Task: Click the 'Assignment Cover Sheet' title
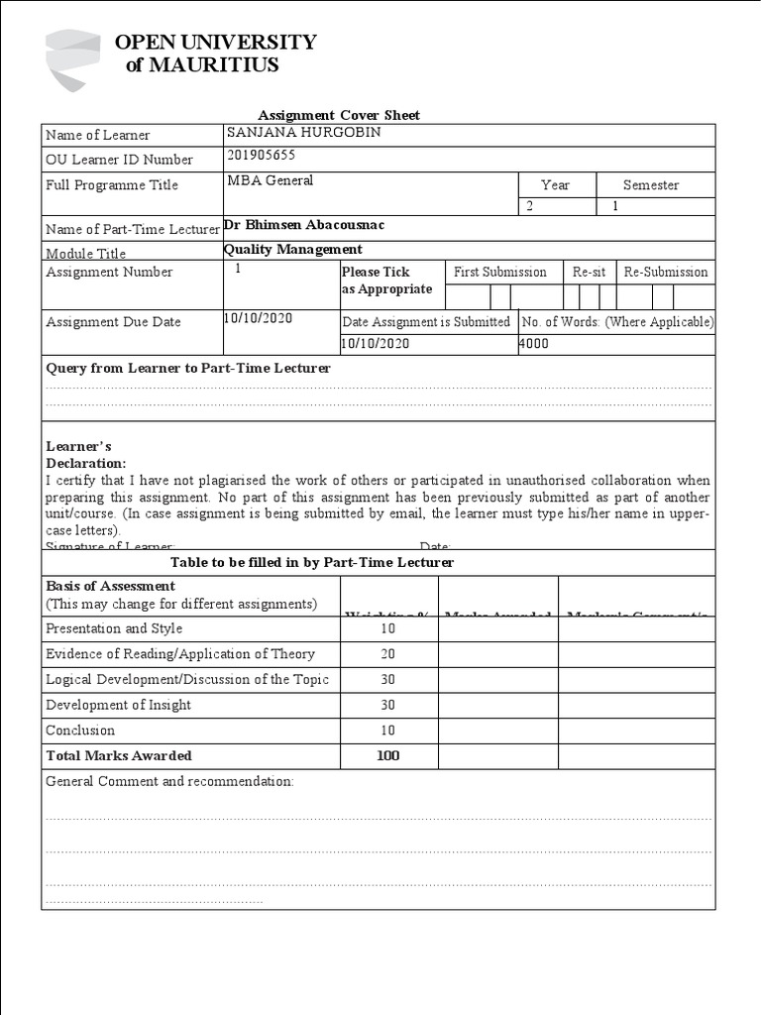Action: tap(339, 115)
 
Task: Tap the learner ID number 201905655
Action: tap(261, 156)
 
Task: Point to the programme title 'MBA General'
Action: tap(270, 180)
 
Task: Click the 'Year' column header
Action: tap(555, 185)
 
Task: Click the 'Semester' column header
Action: tap(651, 185)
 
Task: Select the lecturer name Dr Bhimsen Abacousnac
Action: tap(304, 225)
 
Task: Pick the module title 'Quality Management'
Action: tap(293, 250)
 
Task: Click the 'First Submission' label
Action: tap(499, 272)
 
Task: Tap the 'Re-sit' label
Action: tap(589, 272)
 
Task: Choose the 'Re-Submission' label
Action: tap(665, 272)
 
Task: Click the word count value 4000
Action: tap(533, 344)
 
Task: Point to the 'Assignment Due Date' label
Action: tap(113, 322)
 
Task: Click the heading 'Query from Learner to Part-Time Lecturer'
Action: tap(188, 368)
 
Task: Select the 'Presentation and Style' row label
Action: tap(114, 628)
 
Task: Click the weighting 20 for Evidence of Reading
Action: tap(387, 654)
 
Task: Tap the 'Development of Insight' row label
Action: tap(118, 705)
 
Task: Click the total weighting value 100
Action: tap(387, 755)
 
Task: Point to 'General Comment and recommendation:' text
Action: tap(169, 781)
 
